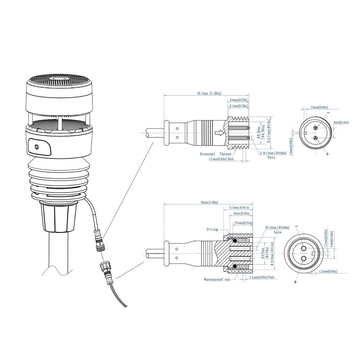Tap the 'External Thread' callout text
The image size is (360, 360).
tap(216, 154)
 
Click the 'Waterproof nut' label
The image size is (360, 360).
tap(217, 279)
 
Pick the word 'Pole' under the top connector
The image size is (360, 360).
tap(271, 157)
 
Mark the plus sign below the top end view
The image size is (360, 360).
tap(327, 154)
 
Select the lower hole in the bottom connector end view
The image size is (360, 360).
tap(303, 258)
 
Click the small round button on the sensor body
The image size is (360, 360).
tap(36, 147)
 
